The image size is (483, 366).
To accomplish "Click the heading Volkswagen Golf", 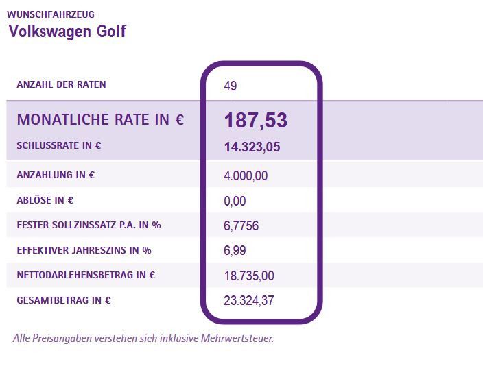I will point(67,32).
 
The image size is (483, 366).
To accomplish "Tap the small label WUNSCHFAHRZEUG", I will point(51,14).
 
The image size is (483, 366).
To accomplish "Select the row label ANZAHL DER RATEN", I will point(61,85).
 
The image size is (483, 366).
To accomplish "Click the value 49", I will point(230,86).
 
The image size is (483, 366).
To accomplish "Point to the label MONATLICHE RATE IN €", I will point(100,120).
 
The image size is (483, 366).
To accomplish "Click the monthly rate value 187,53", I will point(255,121).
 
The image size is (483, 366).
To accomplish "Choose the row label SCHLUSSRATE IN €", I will point(59,145).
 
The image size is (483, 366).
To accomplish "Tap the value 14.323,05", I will point(252,147).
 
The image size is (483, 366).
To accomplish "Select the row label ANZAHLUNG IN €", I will point(56,175).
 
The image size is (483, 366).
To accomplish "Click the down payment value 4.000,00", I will point(246,176).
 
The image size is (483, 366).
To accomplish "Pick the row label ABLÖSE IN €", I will point(45,200).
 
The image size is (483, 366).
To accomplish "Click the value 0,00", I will point(235,202).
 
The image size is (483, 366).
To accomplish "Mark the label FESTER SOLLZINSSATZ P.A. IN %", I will point(89,225).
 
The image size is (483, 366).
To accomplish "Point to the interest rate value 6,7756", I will point(241,226).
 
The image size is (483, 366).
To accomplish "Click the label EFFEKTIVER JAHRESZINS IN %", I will point(84,250).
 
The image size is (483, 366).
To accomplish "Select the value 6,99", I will point(235,252).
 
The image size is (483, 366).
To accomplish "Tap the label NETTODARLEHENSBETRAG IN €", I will point(86,276).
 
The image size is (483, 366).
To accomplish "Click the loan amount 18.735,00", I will point(249,276).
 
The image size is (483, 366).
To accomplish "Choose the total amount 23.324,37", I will point(249,301).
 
